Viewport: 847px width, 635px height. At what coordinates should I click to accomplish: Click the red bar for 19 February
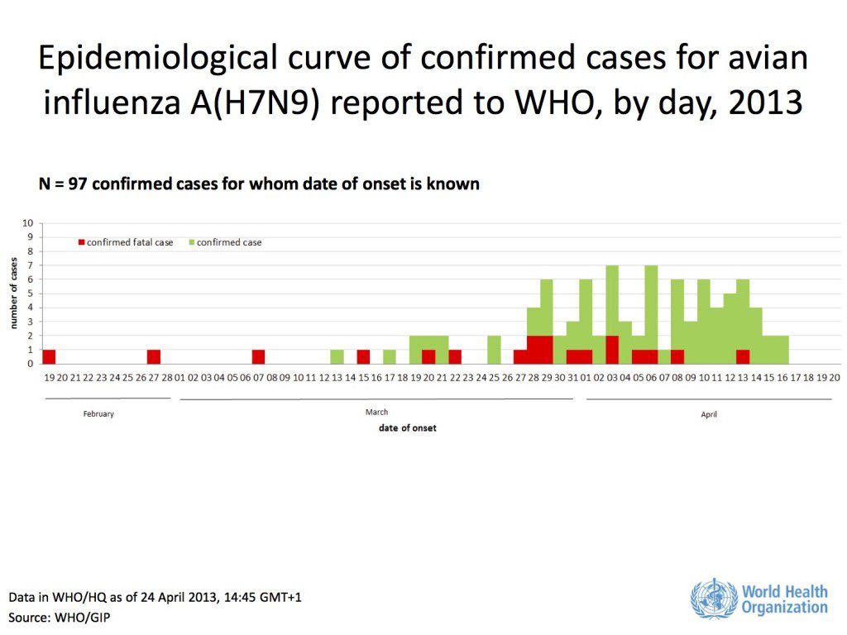[49, 356]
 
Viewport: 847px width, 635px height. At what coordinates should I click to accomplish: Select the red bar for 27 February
[154, 356]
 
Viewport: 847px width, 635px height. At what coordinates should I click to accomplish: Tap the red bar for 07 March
[258, 356]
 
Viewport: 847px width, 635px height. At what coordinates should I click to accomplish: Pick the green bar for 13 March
[337, 356]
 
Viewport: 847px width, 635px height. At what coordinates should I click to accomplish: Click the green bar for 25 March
[494, 350]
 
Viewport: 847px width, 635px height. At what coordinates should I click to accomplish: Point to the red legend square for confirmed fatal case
[81, 242]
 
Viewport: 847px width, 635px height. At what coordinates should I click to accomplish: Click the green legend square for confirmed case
[192, 242]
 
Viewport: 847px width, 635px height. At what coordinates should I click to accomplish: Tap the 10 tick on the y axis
[29, 223]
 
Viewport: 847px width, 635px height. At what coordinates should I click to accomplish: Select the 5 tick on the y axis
[31, 294]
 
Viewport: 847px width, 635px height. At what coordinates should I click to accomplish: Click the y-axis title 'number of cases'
[14, 294]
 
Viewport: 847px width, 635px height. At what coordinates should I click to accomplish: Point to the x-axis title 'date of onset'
[408, 427]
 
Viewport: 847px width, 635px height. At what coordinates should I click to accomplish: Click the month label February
[98, 413]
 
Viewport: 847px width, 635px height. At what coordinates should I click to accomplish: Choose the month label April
[709, 414]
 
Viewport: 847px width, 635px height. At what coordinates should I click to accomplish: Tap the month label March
[376, 412]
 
